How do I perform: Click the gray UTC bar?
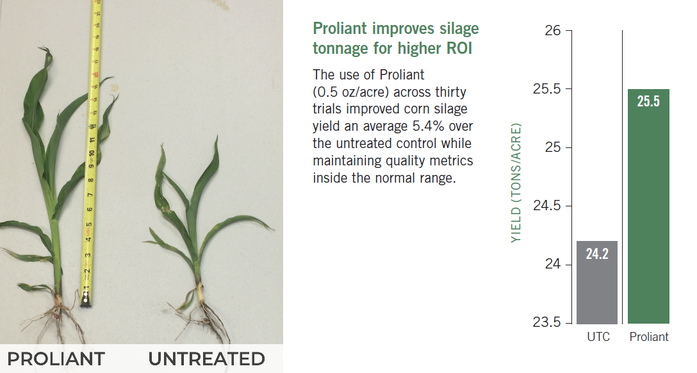click(597, 282)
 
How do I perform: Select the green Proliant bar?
click(648, 206)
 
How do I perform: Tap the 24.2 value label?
click(597, 254)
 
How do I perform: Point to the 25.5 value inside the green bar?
click(648, 101)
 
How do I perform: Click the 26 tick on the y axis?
click(553, 30)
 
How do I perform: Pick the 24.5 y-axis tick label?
click(547, 206)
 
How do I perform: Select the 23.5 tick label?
click(547, 322)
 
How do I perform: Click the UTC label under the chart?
click(598, 336)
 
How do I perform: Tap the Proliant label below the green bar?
click(649, 336)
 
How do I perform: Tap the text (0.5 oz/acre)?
click(350, 92)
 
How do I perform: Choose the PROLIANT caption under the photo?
click(56, 359)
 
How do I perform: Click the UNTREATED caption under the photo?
click(207, 359)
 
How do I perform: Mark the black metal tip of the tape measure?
click(85, 303)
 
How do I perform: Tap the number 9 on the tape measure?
click(91, 166)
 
